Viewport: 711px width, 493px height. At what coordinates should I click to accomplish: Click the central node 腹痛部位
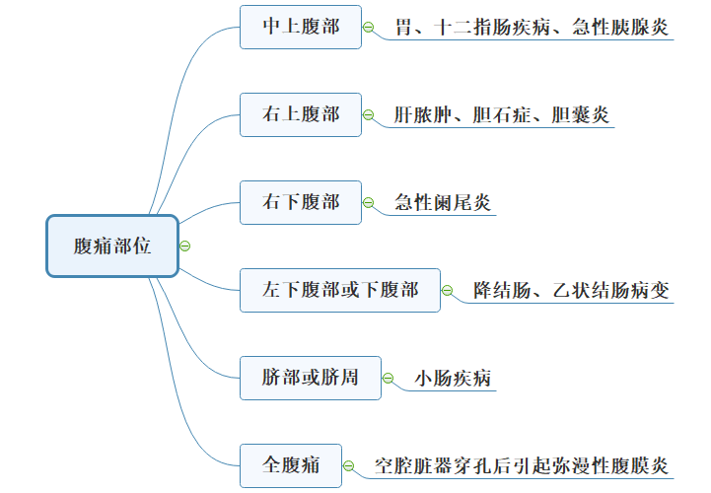point(112,246)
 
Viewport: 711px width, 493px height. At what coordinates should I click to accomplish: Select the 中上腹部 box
point(301,27)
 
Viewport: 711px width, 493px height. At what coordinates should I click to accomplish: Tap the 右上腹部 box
point(301,114)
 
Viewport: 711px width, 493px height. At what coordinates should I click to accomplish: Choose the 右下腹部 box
point(301,202)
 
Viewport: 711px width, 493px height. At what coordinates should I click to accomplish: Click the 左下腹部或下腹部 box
point(340,290)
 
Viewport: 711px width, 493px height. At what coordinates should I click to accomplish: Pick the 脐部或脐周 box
point(310,378)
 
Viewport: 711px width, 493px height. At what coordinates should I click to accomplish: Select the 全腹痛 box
point(291,464)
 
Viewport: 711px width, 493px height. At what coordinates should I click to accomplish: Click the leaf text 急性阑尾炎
point(442,203)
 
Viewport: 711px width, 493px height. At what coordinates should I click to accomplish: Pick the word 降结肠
point(502,290)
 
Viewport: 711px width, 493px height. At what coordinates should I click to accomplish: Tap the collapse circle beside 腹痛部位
point(185,246)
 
